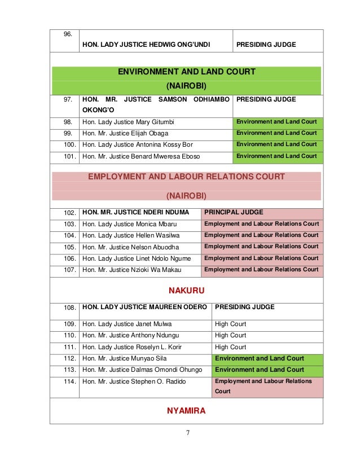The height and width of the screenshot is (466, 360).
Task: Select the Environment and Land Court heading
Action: coord(186,72)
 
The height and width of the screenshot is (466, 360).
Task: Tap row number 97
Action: coord(67,99)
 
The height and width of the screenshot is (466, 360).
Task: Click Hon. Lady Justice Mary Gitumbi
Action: coord(128,122)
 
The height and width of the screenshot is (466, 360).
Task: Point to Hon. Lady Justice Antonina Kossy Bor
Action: coord(137,144)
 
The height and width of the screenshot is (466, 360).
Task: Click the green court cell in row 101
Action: coord(276,156)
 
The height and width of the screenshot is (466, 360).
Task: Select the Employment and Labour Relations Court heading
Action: coord(186,177)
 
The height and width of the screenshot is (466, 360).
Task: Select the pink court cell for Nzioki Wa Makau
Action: coord(261,270)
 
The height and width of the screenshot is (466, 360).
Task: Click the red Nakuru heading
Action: coord(186,291)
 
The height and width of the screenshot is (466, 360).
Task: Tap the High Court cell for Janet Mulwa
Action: coord(230,324)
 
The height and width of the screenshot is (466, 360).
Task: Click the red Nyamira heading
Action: coord(186,411)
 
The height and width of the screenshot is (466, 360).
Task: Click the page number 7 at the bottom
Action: coord(187,433)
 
